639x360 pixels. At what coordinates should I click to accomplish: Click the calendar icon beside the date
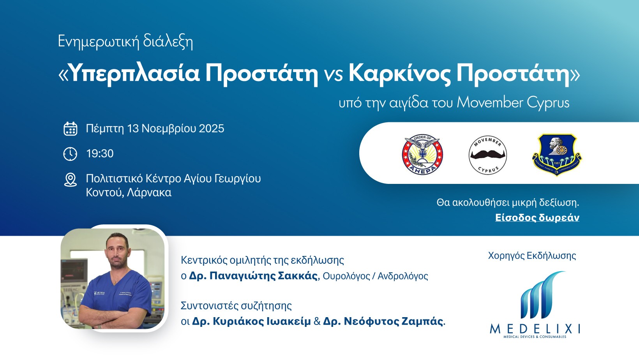[x=71, y=129]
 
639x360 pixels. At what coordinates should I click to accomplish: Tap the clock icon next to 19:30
[x=70, y=154]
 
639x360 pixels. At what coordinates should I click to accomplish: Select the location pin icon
[x=70, y=180]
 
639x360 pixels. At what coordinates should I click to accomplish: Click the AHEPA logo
[x=423, y=155]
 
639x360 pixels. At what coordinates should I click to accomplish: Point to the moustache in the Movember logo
[x=487, y=154]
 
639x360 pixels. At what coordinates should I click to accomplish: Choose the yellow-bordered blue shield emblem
[x=556, y=155]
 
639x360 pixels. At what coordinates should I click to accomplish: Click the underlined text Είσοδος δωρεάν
[x=537, y=217]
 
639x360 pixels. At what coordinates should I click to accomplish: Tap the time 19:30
[x=100, y=154]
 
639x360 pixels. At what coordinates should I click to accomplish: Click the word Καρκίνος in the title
[x=399, y=73]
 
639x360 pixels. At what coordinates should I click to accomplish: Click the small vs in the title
[x=333, y=74]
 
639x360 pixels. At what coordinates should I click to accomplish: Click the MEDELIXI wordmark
[x=535, y=329]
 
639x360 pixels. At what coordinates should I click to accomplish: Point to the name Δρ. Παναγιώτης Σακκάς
[x=253, y=276]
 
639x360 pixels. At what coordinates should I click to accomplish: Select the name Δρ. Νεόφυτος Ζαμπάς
[x=383, y=321]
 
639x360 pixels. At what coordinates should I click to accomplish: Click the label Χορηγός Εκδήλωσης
[x=532, y=256]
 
